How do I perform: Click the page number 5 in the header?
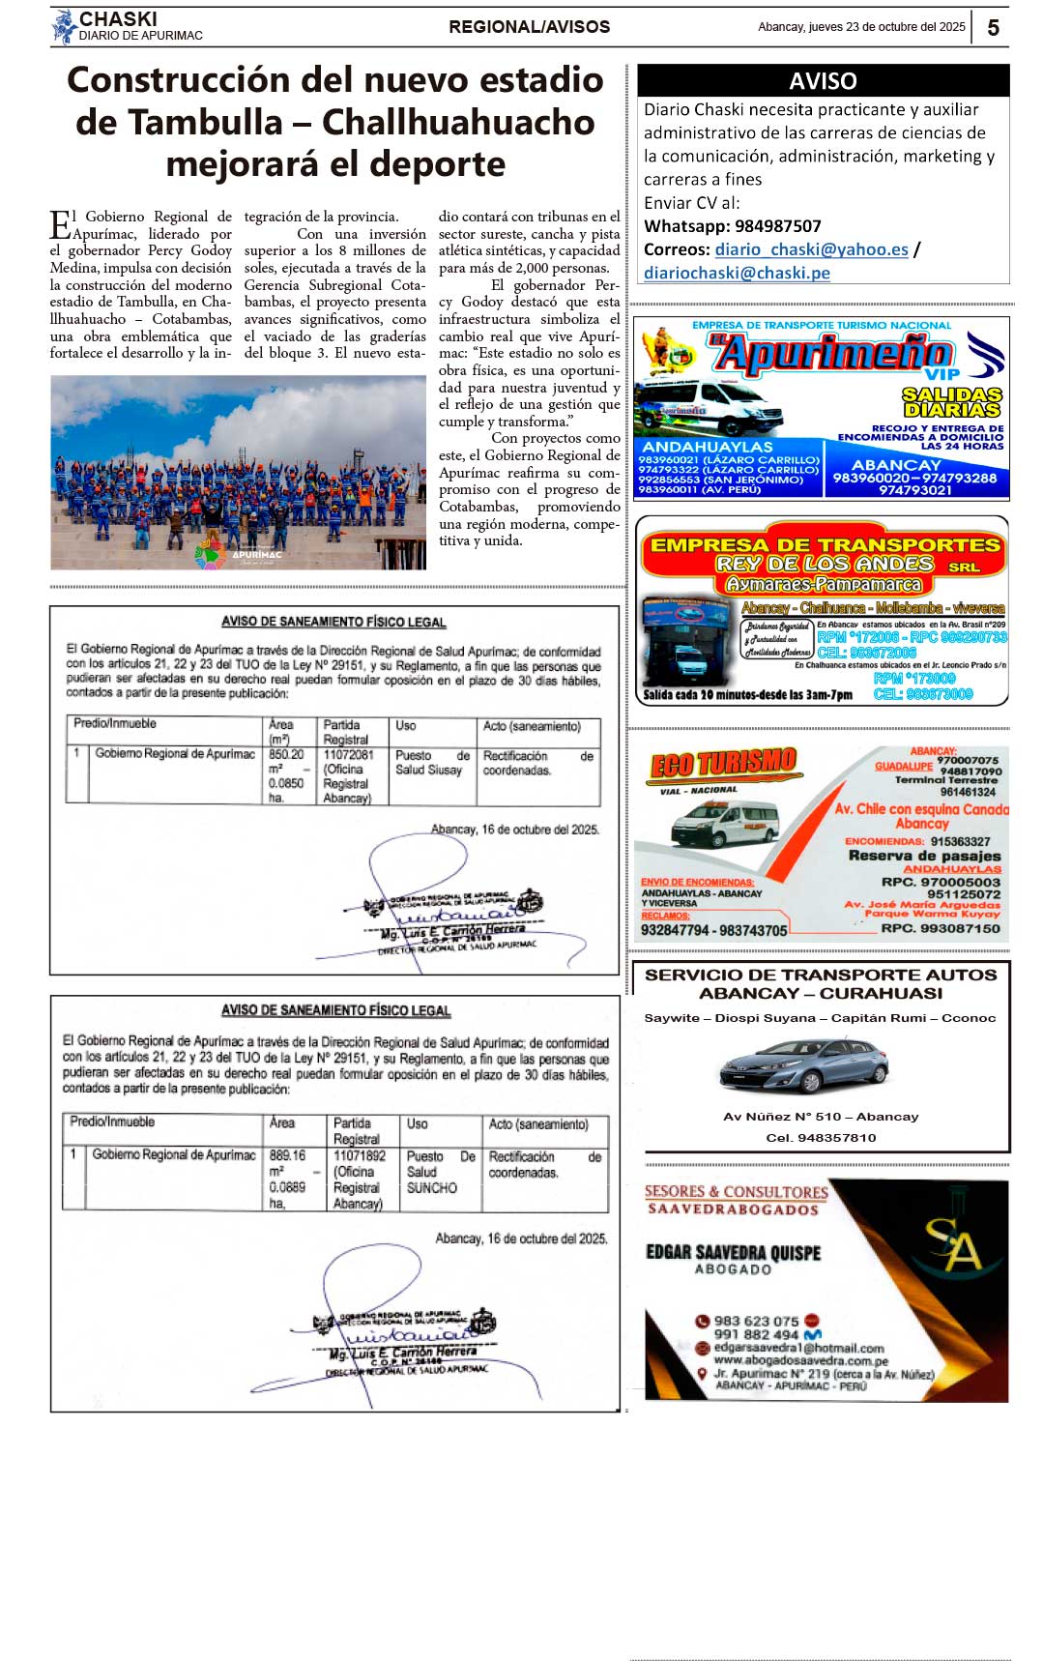993,28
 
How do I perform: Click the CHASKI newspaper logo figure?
64,27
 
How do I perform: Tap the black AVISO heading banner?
823,80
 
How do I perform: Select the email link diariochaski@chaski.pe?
737,273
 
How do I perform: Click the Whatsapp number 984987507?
777,226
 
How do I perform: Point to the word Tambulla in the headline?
206,123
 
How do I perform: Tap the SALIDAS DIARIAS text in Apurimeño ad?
951,402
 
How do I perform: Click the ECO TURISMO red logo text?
724,764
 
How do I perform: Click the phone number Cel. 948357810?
821,1138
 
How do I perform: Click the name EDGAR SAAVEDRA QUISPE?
733,1253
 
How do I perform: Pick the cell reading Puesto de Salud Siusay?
431,763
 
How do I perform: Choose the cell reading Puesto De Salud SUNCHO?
441,1172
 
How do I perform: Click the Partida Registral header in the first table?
345,732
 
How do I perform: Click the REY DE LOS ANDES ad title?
824,564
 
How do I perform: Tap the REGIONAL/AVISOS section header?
529,27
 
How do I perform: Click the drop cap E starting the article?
59,225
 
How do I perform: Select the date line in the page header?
861,27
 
